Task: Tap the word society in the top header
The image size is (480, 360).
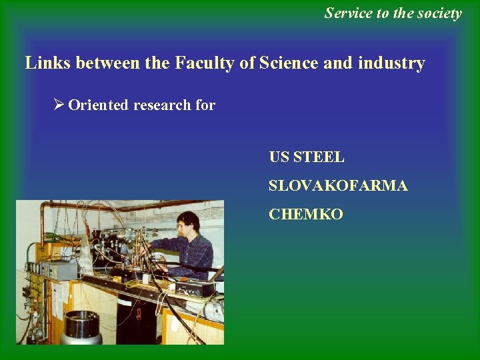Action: (438, 13)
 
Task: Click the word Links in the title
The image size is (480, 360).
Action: (49, 63)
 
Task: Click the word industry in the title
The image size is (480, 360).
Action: (392, 63)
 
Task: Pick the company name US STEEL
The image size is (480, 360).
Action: (307, 157)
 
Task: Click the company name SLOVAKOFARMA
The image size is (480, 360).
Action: (338, 186)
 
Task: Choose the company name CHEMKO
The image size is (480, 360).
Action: (306, 215)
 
